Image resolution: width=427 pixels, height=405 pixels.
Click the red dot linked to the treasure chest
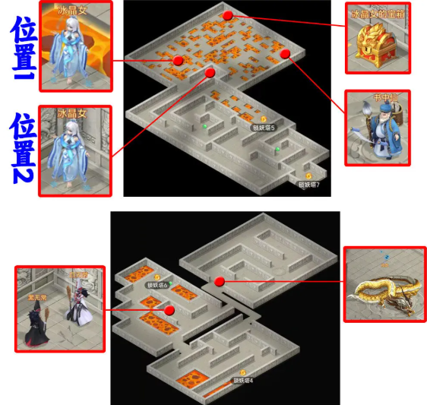click(x=228, y=15)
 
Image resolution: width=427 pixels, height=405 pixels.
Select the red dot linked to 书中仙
click(x=286, y=54)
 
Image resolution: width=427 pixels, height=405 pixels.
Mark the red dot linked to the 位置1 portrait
click(x=178, y=60)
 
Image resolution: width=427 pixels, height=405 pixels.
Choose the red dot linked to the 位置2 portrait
click(x=210, y=73)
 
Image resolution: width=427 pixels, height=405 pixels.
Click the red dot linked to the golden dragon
click(x=220, y=282)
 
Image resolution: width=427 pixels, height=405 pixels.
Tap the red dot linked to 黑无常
click(x=169, y=310)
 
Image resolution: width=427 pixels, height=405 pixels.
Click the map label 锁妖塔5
click(x=264, y=127)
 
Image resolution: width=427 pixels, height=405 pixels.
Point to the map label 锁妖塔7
click(x=308, y=184)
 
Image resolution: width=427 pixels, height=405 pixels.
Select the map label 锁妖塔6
click(x=157, y=285)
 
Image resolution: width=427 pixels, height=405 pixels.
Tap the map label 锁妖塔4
click(x=242, y=380)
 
